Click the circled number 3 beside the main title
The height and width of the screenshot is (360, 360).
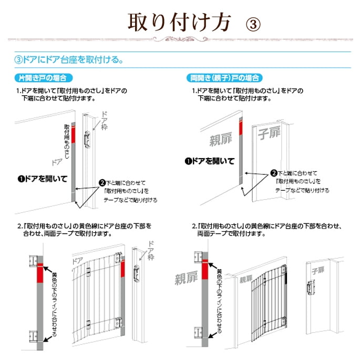[x=253, y=24]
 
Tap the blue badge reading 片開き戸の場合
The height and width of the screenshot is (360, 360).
[x=44, y=78]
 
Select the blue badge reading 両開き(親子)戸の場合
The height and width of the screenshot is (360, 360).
[x=224, y=78]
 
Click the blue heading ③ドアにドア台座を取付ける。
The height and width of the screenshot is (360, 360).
[x=69, y=60]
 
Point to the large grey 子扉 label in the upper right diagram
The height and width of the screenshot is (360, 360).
[x=269, y=133]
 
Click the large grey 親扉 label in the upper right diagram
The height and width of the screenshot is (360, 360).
[x=221, y=139]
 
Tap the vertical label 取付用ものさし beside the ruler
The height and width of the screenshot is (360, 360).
[x=67, y=141]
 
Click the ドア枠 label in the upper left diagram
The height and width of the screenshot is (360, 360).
[x=104, y=121]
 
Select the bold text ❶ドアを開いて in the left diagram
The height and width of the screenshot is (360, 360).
[x=43, y=179]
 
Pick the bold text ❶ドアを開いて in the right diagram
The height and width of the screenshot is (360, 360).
[x=210, y=161]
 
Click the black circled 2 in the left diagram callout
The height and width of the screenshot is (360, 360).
[x=102, y=183]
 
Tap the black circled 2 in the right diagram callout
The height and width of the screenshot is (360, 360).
[x=274, y=173]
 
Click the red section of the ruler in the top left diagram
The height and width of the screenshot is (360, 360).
[x=73, y=135]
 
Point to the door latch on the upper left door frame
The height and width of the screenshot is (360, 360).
[x=87, y=139]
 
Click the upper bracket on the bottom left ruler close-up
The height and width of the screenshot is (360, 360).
[x=33, y=261]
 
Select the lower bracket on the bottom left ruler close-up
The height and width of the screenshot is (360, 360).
[x=33, y=336]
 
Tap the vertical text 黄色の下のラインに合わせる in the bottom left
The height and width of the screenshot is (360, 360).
[x=55, y=304]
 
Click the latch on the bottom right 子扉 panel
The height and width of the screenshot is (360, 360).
[x=311, y=287]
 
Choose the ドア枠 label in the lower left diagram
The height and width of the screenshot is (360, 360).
[x=151, y=251]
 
